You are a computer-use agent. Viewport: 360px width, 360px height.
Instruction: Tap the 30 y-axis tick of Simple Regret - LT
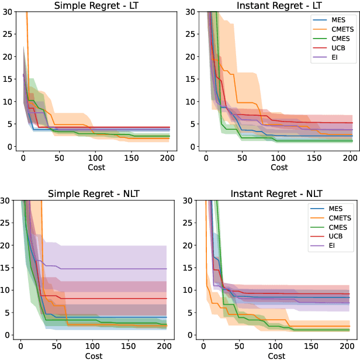point(7,12)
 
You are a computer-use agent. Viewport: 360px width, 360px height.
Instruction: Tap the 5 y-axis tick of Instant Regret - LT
point(192,124)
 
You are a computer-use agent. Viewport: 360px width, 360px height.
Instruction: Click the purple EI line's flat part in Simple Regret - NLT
point(117,269)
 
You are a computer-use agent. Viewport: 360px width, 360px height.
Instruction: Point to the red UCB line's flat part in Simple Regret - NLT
point(117,299)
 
